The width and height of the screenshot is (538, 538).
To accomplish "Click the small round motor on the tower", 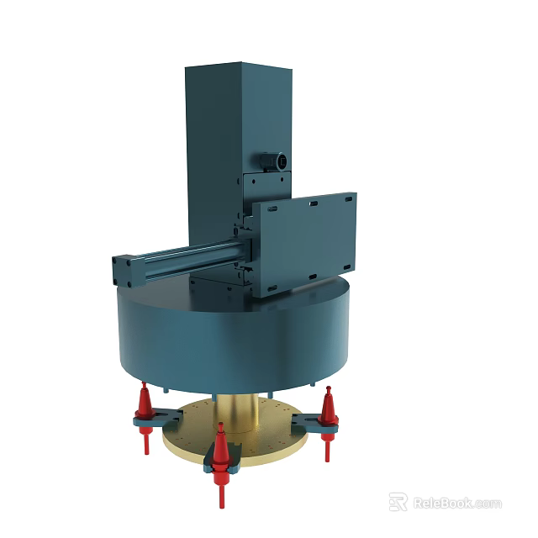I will click(274, 160).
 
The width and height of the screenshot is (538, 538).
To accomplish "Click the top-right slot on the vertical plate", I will click(344, 198).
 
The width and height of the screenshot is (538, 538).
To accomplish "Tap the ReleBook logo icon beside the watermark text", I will click(398, 502).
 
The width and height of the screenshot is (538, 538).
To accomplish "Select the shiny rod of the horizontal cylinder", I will click(189, 252).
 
